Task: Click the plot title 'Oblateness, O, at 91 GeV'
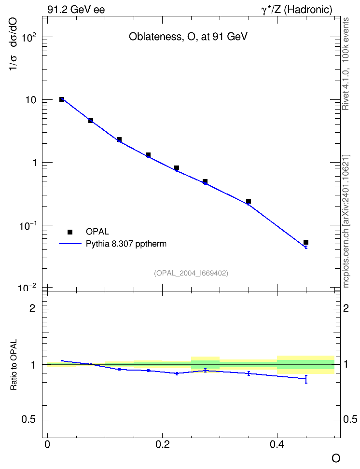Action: click(188, 37)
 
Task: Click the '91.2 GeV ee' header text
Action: click(76, 10)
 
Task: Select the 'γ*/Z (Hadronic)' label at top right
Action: click(297, 10)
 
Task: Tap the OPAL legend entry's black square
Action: click(70, 232)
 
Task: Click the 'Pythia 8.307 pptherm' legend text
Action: click(126, 244)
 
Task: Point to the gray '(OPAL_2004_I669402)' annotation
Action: click(191, 273)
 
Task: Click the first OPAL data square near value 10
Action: click(62, 99)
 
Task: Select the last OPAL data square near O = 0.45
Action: click(306, 242)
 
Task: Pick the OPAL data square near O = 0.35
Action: click(249, 201)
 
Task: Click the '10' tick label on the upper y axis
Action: click(30, 100)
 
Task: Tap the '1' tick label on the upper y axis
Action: click(35, 163)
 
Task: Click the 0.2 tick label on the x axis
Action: click(162, 444)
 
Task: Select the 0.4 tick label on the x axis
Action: click(277, 444)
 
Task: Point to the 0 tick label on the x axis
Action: click(47, 444)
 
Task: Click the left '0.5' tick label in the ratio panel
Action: click(28, 420)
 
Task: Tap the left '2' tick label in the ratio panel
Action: click(32, 308)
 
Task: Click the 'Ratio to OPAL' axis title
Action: click(14, 365)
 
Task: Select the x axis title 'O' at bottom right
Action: click(336, 458)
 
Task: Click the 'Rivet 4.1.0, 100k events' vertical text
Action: click(346, 64)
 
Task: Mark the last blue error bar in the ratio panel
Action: click(306, 379)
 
